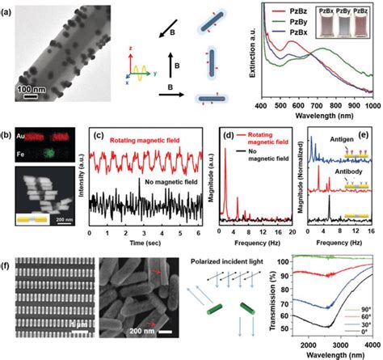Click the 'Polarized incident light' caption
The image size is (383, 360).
pos(240,265)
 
